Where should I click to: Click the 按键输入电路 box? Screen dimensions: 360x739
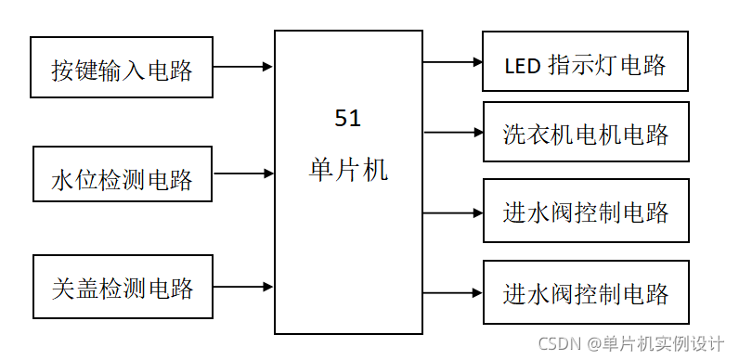point(122,68)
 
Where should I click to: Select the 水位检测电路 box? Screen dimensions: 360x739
point(123,174)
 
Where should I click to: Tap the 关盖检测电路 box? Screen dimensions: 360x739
point(123,287)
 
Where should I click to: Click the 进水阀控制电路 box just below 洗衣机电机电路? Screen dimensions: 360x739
point(586,212)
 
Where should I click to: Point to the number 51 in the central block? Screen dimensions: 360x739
point(347,119)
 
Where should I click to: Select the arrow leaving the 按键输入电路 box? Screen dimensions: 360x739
point(243,67)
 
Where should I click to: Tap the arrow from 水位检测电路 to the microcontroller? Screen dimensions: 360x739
point(243,174)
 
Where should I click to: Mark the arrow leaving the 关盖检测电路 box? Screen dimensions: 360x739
point(243,287)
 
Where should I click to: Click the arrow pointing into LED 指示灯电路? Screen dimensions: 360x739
point(453,63)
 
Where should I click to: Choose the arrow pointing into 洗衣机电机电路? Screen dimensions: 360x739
point(453,133)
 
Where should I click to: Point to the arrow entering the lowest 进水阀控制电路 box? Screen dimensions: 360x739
point(453,292)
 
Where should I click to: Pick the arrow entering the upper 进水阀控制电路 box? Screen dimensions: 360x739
point(453,212)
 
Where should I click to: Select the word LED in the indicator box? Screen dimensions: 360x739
point(522,65)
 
